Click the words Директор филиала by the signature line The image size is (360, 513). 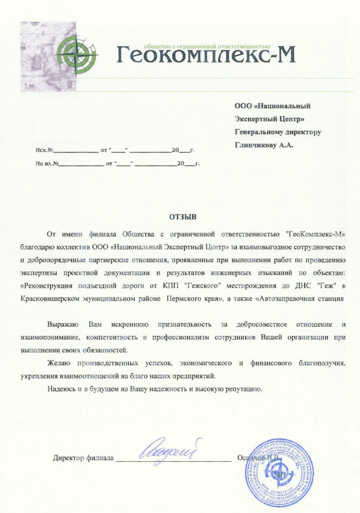[83, 458]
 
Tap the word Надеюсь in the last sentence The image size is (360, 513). [61, 389]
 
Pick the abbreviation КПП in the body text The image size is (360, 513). [174, 286]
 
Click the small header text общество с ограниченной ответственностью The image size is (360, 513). [207, 45]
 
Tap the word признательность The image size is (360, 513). [185, 325]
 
